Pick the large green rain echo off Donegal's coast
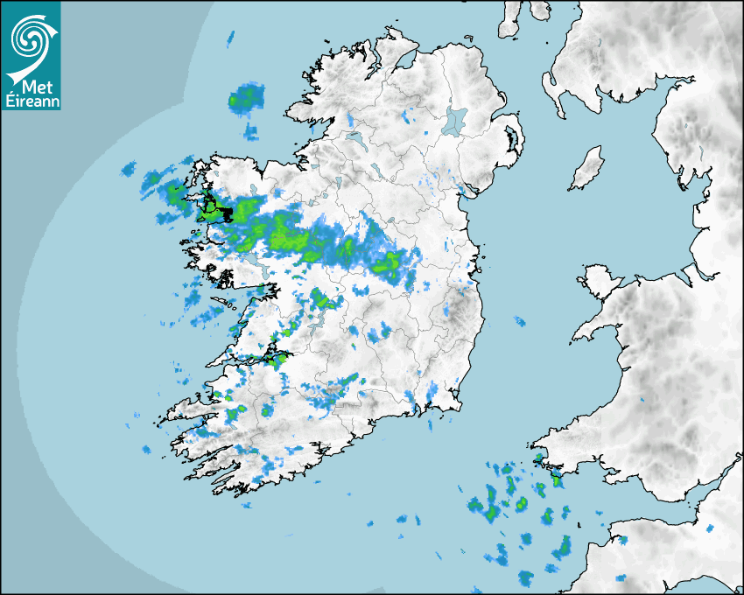(246, 98)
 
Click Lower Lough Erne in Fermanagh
(354, 138)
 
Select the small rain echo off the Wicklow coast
(519, 322)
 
